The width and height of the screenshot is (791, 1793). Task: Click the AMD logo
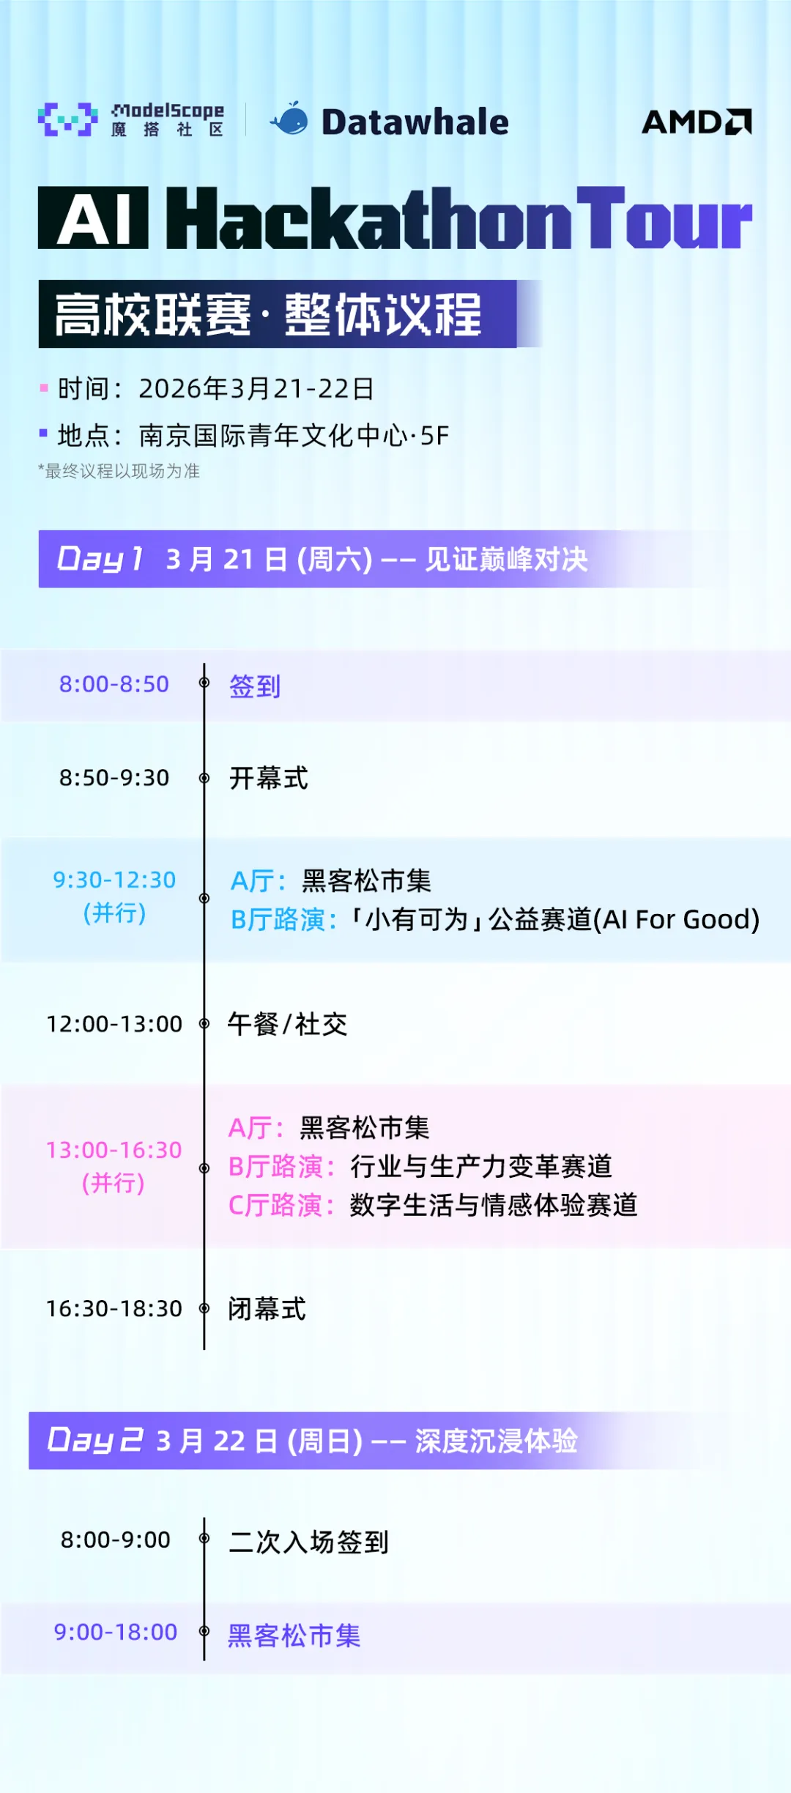pos(697,122)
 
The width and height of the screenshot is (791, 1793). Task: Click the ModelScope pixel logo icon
pos(67,119)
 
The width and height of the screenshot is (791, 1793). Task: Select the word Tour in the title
pos(664,218)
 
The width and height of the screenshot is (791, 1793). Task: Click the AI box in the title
pos(93,218)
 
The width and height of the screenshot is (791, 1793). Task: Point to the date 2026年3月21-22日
pos(256,389)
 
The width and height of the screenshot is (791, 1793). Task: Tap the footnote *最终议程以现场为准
pos(119,471)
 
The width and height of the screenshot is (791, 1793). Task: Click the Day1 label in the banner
pos(100,559)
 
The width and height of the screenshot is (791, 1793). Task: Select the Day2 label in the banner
pos(95,1440)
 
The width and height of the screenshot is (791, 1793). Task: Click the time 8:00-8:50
pos(114,684)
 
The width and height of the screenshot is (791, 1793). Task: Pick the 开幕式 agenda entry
pos(269,778)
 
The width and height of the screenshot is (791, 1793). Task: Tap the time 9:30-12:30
pos(114,880)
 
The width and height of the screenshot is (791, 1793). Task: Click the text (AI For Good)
pos(676,919)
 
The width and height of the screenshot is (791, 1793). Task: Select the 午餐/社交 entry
pos(287,1024)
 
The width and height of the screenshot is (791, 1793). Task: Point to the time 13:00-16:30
pos(114,1150)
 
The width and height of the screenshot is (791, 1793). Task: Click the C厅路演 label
pos(281,1205)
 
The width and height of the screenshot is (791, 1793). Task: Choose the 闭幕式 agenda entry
pos(267,1309)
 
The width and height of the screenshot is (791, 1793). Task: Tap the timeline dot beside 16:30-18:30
pos(204,1308)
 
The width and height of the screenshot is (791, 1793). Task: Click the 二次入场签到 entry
pos(308,1542)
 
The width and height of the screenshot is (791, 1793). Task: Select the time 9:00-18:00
pos(116,1632)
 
